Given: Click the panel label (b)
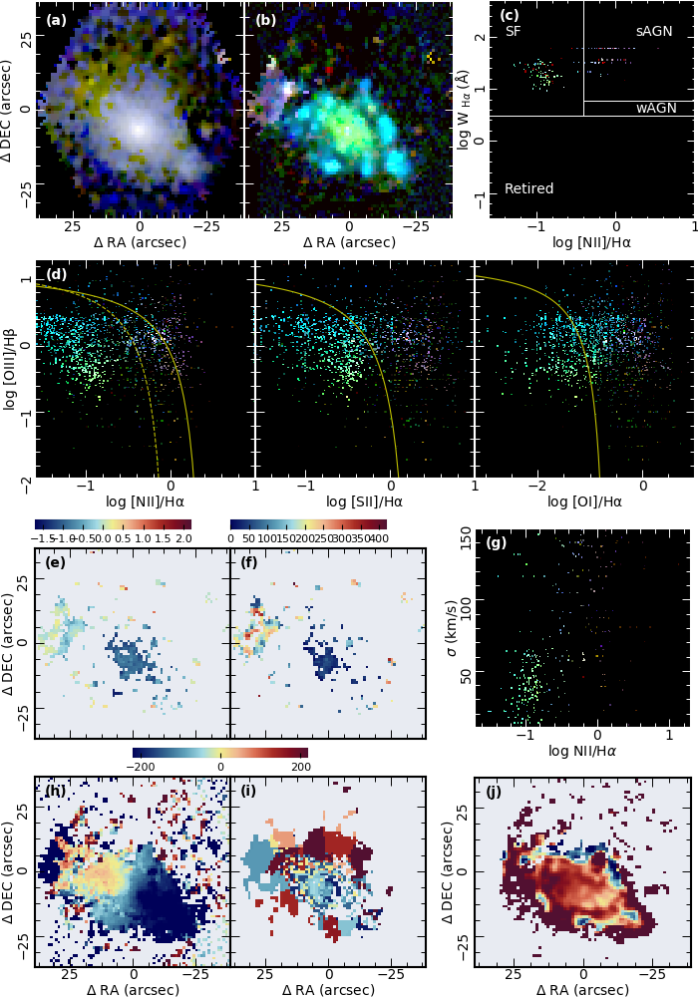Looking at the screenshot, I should [265, 18].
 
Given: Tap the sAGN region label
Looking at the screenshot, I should [654, 32].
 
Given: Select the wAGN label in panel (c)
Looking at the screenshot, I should [656, 108].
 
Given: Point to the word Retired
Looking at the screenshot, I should [529, 188].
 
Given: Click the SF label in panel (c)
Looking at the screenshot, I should [514, 31].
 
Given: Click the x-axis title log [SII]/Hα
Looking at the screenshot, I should [364, 501].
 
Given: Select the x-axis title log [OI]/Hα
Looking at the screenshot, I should [582, 501].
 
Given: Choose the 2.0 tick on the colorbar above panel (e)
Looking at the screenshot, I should [182, 538].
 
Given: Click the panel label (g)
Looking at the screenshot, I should [497, 543].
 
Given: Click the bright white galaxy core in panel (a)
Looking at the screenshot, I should [139, 129].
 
